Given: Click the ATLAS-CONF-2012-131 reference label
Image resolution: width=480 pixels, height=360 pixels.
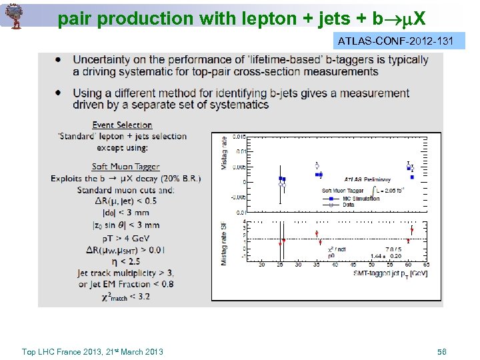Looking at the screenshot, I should (x=395, y=41).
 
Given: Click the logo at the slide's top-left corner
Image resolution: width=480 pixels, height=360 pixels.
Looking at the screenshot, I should (x=13, y=15).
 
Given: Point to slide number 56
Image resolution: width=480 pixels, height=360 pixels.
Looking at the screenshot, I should (x=441, y=351).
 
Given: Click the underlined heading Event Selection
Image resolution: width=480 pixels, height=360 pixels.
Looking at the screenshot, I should (x=122, y=125).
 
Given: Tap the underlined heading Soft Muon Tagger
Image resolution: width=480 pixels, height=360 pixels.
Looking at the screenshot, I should (x=126, y=167).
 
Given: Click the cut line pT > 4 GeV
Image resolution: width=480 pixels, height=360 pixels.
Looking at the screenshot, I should (x=126, y=237).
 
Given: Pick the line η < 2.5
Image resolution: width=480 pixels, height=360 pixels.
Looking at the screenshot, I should (x=126, y=261).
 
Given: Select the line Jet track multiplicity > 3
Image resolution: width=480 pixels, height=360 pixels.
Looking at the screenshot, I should (x=126, y=273).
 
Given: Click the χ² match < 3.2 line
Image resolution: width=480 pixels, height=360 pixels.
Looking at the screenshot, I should (x=126, y=295).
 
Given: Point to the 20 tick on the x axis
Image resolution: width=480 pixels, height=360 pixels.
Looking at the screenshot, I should (x=261, y=265).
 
